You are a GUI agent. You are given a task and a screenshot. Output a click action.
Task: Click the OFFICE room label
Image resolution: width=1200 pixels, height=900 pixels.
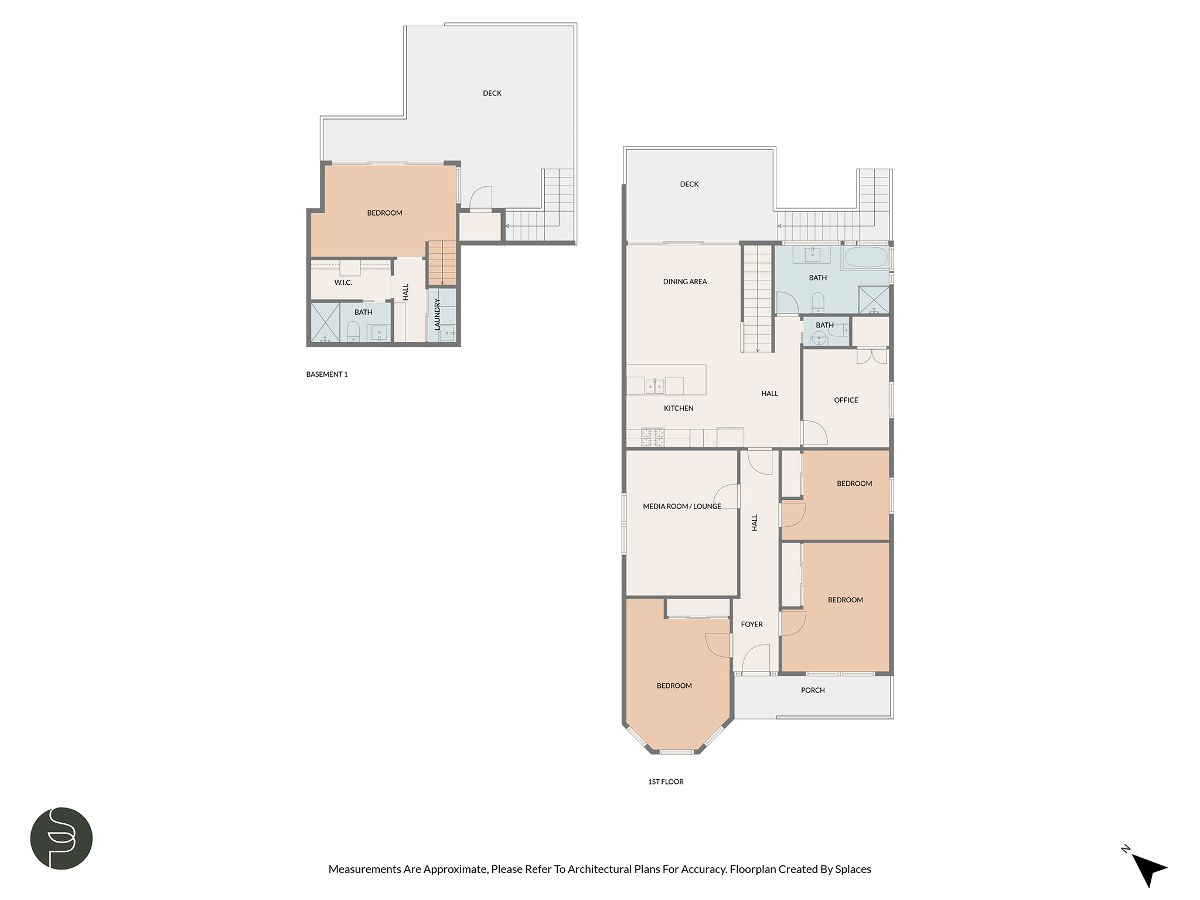(846, 400)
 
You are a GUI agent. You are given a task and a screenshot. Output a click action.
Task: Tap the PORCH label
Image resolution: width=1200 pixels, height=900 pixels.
(813, 690)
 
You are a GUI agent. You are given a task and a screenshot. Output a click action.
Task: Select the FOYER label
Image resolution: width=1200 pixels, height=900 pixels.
(752, 624)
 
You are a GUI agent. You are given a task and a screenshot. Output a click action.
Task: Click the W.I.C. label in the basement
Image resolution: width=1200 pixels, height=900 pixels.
(343, 282)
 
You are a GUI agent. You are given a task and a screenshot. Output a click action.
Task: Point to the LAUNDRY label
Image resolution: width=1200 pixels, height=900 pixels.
(437, 314)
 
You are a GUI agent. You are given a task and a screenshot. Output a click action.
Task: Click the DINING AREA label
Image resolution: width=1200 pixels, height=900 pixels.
(685, 281)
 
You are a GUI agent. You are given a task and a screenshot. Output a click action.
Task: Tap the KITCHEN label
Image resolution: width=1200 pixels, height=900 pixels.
(679, 408)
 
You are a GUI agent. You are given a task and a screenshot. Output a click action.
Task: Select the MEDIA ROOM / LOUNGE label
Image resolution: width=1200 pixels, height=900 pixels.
(682, 506)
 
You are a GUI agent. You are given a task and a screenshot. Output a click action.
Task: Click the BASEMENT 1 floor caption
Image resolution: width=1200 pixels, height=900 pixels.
(327, 374)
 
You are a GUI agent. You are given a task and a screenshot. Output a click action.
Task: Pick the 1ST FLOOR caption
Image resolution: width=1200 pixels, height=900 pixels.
(666, 782)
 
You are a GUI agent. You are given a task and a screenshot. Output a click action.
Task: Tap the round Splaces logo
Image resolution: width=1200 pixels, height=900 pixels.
(62, 838)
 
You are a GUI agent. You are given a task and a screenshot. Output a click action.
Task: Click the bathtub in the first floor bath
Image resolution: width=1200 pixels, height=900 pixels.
(865, 258)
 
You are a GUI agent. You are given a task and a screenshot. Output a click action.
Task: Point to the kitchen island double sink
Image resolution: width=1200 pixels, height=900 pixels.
(654, 386)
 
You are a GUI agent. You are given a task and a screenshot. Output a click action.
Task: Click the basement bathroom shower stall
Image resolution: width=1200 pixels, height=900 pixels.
(325, 322)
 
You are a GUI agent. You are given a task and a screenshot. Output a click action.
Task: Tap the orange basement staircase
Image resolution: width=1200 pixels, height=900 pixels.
(442, 264)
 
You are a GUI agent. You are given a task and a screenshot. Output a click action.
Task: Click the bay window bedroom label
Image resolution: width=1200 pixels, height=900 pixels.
(674, 686)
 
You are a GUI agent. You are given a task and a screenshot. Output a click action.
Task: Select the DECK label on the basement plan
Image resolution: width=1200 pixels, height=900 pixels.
(492, 93)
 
